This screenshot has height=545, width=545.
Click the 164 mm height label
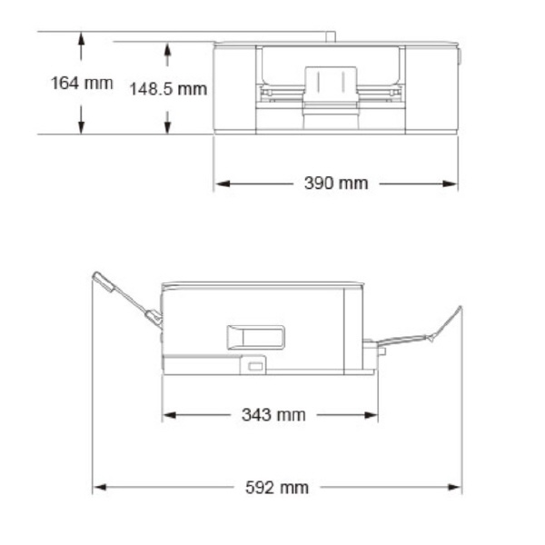(x=81, y=84)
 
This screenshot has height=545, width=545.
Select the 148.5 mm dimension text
(x=166, y=89)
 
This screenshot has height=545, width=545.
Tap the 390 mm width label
(x=335, y=183)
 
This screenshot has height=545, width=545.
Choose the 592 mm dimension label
(x=278, y=488)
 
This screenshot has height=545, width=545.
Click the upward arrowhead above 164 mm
(x=81, y=38)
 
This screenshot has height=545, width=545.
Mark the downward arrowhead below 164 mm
(x=81, y=128)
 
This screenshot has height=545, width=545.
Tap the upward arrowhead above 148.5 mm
(x=167, y=48)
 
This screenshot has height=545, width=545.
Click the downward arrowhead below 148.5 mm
(x=167, y=128)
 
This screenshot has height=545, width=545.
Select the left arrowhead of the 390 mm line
(x=221, y=183)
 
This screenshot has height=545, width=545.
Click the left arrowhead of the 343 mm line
(x=169, y=415)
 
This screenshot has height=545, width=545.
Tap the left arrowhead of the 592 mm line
(x=99, y=488)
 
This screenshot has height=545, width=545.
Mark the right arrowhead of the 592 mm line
(x=455, y=488)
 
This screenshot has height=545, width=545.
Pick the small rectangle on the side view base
(x=255, y=365)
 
